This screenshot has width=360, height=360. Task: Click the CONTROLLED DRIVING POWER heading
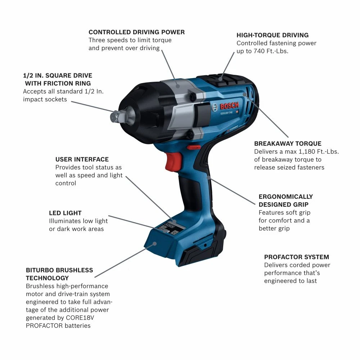point(136,32)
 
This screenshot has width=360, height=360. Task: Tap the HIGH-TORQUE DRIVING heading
point(273,35)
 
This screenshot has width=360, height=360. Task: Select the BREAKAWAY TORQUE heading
point(288,143)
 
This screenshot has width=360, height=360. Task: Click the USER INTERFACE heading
point(82,159)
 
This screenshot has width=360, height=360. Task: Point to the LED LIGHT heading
point(65,213)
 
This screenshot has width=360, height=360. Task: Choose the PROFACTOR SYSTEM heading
point(296,257)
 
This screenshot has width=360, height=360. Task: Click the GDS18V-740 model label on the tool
point(226,113)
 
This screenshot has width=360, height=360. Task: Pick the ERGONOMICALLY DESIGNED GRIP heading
point(286,201)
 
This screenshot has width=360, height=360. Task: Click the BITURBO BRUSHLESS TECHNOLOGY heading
point(59,274)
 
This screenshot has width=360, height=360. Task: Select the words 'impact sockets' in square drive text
point(45,99)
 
